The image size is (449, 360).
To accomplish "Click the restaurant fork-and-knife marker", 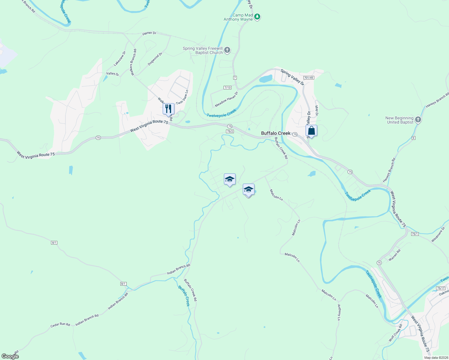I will tap(168, 109).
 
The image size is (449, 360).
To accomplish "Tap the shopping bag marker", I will tap(311, 131).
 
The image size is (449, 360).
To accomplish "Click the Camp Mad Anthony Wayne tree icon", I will tap(257, 17).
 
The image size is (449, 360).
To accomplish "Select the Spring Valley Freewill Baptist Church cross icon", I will tap(227, 50).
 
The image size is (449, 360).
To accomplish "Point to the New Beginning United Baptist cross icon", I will tap(418, 120).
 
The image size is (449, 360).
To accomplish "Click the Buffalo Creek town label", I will tap(276, 133).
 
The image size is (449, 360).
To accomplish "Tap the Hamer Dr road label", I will tap(149, 33).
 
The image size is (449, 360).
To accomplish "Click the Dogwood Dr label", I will tap(155, 59).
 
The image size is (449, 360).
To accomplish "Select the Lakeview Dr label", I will tap(120, 59).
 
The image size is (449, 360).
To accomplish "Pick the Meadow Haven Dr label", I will tap(226, 99).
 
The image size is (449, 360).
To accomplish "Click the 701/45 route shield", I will tap(309, 78).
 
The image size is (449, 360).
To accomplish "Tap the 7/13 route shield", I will tap(228, 88).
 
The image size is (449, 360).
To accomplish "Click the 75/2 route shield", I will tap(230, 131).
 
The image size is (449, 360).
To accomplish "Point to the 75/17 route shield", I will tap(441, 288).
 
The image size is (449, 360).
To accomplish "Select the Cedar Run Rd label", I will tap(60, 325).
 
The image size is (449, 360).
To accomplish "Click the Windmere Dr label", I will tap(438, 234).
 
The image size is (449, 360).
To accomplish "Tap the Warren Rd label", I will tap(394, 255).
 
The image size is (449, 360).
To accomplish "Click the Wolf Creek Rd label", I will tap(395, 333).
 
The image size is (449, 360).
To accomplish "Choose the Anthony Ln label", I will tap(339, 312).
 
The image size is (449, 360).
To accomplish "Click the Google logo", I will tap(10, 356).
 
